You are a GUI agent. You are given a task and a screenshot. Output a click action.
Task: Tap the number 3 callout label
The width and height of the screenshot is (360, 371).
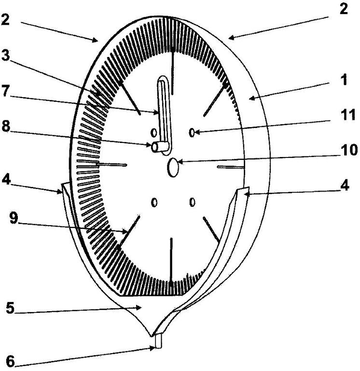(5, 56)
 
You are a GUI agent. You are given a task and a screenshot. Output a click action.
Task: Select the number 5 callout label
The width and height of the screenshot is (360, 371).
(10, 308)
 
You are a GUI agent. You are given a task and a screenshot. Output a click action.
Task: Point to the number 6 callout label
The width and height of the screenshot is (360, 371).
(10, 361)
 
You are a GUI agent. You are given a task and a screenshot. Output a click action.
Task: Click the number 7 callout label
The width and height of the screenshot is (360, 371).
(6, 91)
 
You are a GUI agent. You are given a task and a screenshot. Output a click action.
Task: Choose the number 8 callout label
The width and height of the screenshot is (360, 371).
(6, 127)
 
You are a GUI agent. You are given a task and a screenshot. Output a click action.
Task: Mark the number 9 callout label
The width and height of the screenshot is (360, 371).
(14, 218)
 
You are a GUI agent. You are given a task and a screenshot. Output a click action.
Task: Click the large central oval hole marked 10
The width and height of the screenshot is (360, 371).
(173, 167)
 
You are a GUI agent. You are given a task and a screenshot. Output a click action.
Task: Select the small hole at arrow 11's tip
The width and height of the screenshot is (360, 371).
(192, 132)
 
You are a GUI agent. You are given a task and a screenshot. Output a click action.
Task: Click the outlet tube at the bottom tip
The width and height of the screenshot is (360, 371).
(158, 340)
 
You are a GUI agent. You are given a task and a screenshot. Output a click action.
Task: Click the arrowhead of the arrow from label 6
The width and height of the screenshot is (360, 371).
(152, 348)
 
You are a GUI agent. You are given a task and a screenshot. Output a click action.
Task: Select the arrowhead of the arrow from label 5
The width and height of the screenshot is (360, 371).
(139, 308)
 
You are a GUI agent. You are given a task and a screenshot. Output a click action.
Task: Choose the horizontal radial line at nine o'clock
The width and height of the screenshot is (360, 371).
(111, 164)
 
